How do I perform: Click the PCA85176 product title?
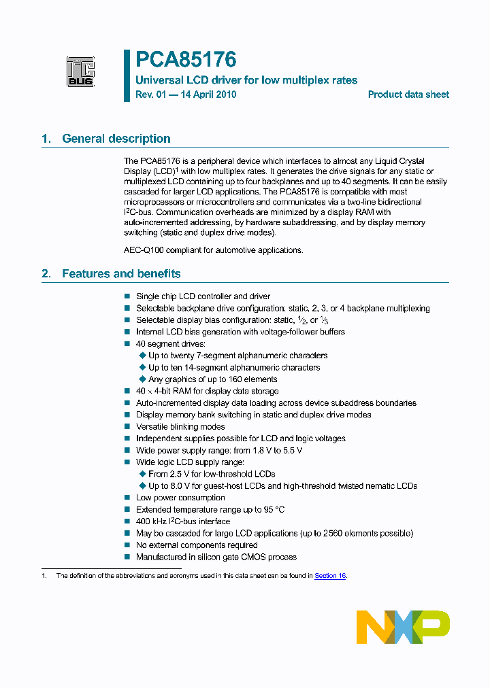coord(185,61)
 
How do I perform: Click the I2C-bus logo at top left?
coord(80,71)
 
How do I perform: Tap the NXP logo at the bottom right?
coord(403,627)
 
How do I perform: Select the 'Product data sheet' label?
coord(408,94)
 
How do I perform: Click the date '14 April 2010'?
coord(205,94)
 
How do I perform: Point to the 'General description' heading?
coord(116,139)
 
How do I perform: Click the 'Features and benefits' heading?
coord(121,274)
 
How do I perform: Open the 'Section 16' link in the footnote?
coord(330,576)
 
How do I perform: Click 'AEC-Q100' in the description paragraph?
coord(143,250)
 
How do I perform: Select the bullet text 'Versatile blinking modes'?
coord(180,427)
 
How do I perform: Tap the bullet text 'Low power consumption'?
coord(180,498)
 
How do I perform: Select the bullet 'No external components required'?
coord(197,545)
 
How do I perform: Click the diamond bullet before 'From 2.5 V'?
coord(142,474)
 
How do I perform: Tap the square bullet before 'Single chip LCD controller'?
coord(127,296)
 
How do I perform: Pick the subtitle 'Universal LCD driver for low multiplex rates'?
coord(246,80)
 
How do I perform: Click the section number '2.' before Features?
coord(46,274)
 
